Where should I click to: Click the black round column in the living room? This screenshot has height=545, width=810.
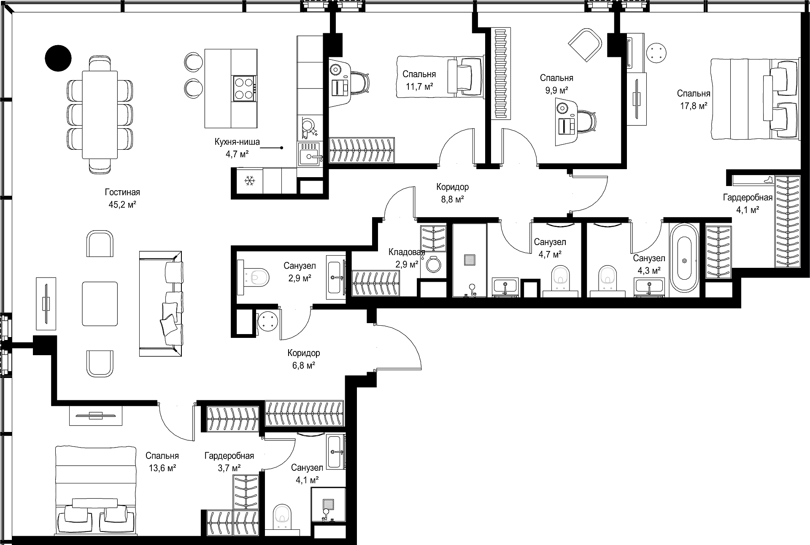58,57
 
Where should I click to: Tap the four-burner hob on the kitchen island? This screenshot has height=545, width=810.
244,89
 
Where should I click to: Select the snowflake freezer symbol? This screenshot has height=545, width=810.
250,181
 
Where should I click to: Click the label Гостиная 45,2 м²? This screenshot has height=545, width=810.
122,198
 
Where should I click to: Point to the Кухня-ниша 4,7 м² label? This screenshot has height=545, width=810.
237,148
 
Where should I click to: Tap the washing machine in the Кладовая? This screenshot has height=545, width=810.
433,264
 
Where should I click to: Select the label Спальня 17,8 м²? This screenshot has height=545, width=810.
694,100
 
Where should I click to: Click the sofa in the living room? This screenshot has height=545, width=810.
161,304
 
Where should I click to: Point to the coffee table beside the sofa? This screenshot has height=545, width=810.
100,304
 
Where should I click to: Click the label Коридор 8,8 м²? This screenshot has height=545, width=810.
453,193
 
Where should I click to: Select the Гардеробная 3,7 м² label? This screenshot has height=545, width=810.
229,461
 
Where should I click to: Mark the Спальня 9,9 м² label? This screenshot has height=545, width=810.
556,84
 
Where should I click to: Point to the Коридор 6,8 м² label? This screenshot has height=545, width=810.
304,359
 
